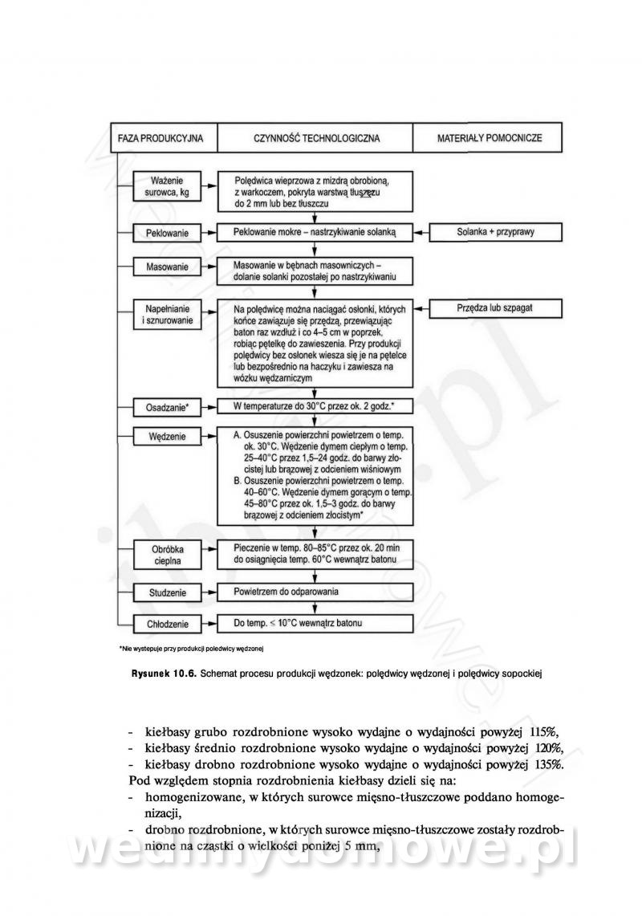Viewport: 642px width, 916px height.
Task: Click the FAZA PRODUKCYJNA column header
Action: click(x=160, y=138)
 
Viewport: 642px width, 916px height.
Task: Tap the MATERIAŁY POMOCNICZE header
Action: click(x=489, y=138)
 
